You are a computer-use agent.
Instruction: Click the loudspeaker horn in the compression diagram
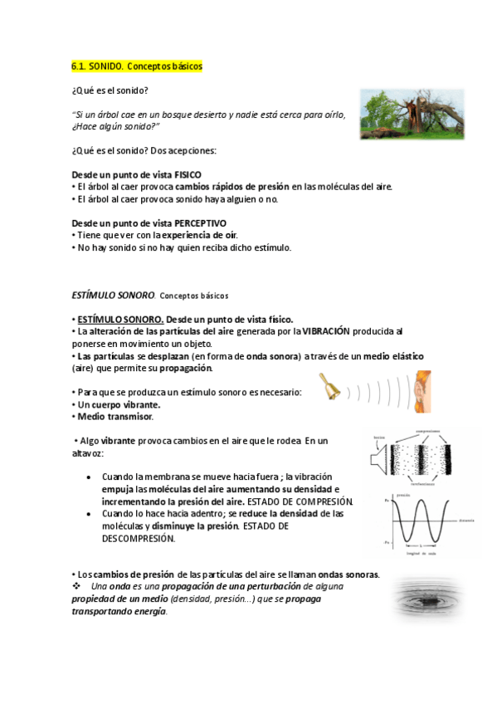[x=381, y=456]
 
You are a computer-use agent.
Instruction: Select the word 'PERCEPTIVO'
[x=199, y=223]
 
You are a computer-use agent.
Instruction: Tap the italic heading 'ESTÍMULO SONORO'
[x=114, y=295]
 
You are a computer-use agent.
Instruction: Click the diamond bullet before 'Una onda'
[x=76, y=587]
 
